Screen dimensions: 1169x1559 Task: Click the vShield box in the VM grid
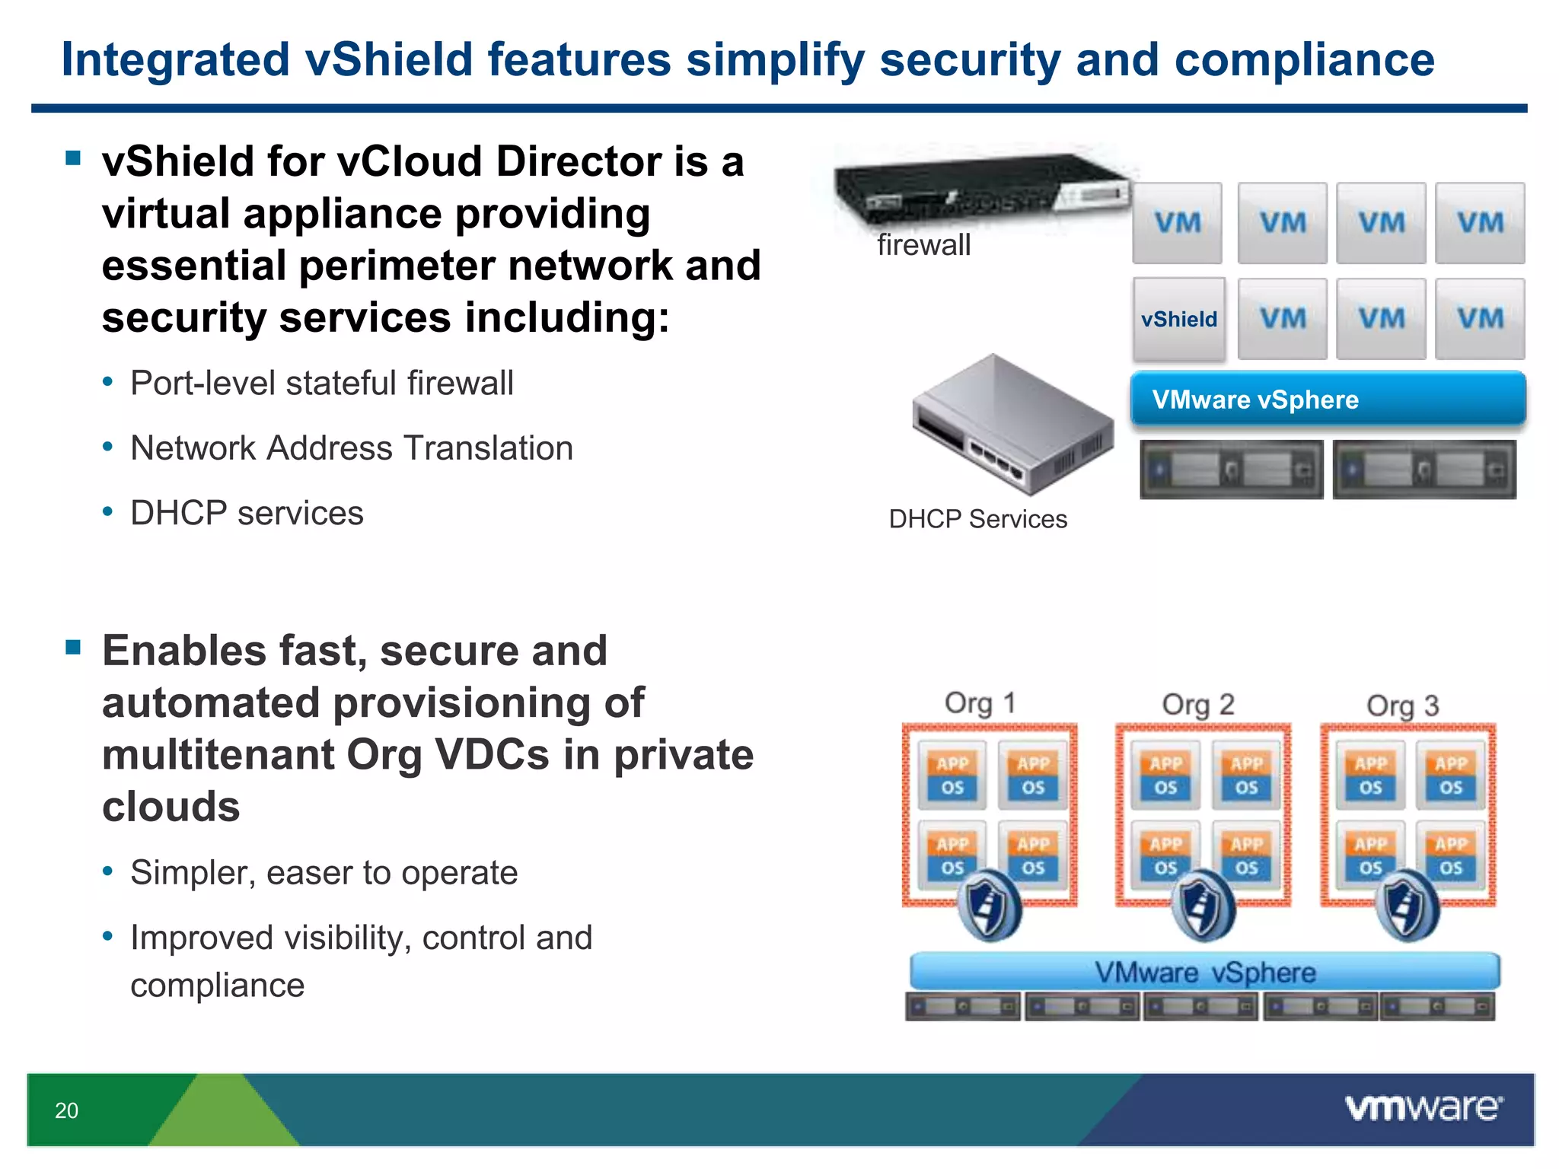click(x=1178, y=319)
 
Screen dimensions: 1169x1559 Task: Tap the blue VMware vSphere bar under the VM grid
click(x=1328, y=399)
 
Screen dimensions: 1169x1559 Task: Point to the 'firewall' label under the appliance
click(x=923, y=245)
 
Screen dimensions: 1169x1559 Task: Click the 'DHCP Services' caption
click(x=977, y=519)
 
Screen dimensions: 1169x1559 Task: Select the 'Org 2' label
click(x=1197, y=704)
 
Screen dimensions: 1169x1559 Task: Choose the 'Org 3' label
click(x=1402, y=706)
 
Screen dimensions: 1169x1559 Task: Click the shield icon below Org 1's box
click(x=989, y=906)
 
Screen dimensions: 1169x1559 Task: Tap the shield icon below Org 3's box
click(x=1407, y=906)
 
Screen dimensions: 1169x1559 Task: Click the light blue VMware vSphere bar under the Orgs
click(x=1204, y=972)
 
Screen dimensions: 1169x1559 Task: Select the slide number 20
click(x=66, y=1110)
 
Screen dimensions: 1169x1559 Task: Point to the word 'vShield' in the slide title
click(x=389, y=59)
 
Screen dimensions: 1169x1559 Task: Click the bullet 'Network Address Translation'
click(x=351, y=448)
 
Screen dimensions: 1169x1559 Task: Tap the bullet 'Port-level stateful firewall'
click(x=321, y=383)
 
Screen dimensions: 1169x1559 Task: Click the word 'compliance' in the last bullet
click(x=217, y=985)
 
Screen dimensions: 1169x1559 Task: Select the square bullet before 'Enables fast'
click(x=73, y=648)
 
